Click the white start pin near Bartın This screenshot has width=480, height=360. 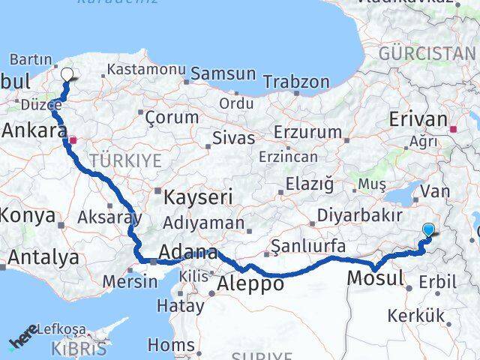[x=67, y=74]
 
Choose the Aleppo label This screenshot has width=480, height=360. [x=250, y=283]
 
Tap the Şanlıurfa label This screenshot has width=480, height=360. [x=307, y=245]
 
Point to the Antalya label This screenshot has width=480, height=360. [x=43, y=257]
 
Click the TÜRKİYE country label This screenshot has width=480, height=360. [x=125, y=160]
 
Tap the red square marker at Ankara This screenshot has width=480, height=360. [x=73, y=139]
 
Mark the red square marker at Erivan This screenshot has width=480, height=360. [x=454, y=128]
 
